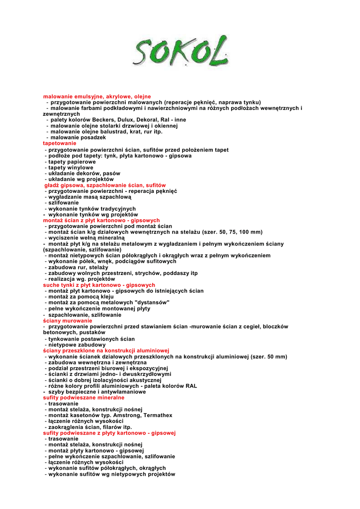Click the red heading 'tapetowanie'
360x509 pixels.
60,143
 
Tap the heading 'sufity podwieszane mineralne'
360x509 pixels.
84,398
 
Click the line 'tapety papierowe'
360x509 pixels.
72,162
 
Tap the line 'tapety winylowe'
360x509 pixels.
71,168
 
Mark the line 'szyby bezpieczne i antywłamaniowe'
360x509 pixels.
97,392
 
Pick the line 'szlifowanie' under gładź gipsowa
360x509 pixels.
63,203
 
